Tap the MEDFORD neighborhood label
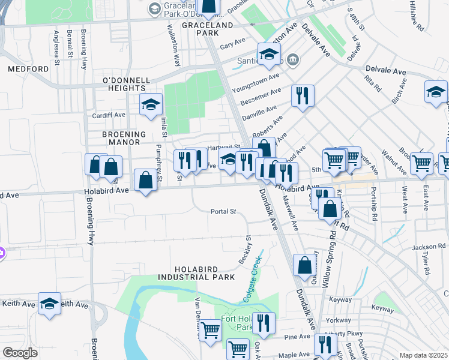[x=28, y=69]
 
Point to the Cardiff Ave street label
[x=108, y=115]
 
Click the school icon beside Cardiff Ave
[x=151, y=105]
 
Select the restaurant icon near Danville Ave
[x=303, y=95]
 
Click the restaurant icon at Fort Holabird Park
[x=264, y=323]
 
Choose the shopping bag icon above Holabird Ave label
[x=146, y=180]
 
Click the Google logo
[x=20, y=353]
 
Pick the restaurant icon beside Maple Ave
[x=325, y=345]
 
